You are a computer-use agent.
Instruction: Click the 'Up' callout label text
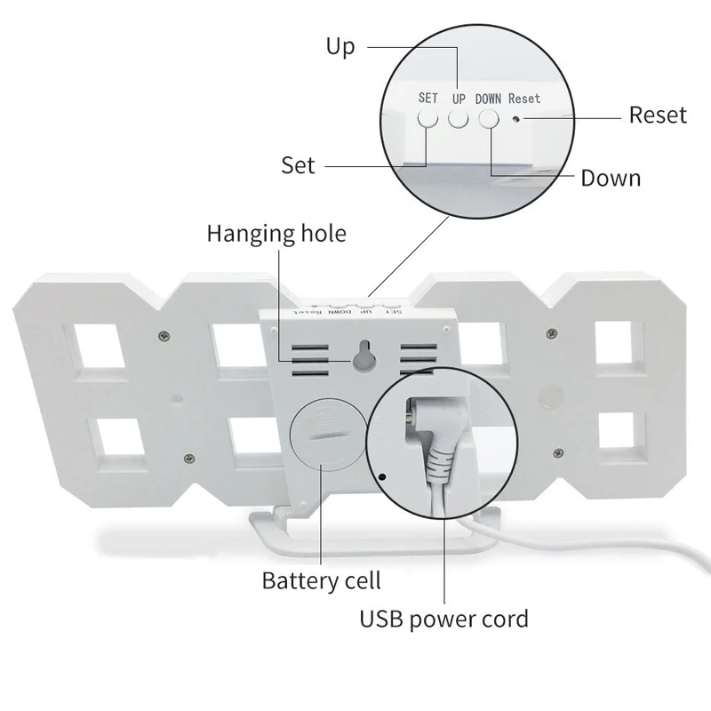coord(340,46)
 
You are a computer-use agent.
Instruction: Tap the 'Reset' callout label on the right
coord(658,115)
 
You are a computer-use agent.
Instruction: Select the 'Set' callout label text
coord(298,165)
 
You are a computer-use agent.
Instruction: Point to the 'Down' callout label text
coord(611,178)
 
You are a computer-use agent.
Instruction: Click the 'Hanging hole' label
coord(276,234)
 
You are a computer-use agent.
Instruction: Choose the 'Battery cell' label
coord(321,581)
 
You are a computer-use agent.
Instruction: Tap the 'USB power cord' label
coord(443,618)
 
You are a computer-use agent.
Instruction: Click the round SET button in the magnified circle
coord(428,118)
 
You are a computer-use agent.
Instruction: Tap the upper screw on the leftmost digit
coord(164,334)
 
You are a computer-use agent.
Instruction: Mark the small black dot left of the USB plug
coord(382,477)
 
